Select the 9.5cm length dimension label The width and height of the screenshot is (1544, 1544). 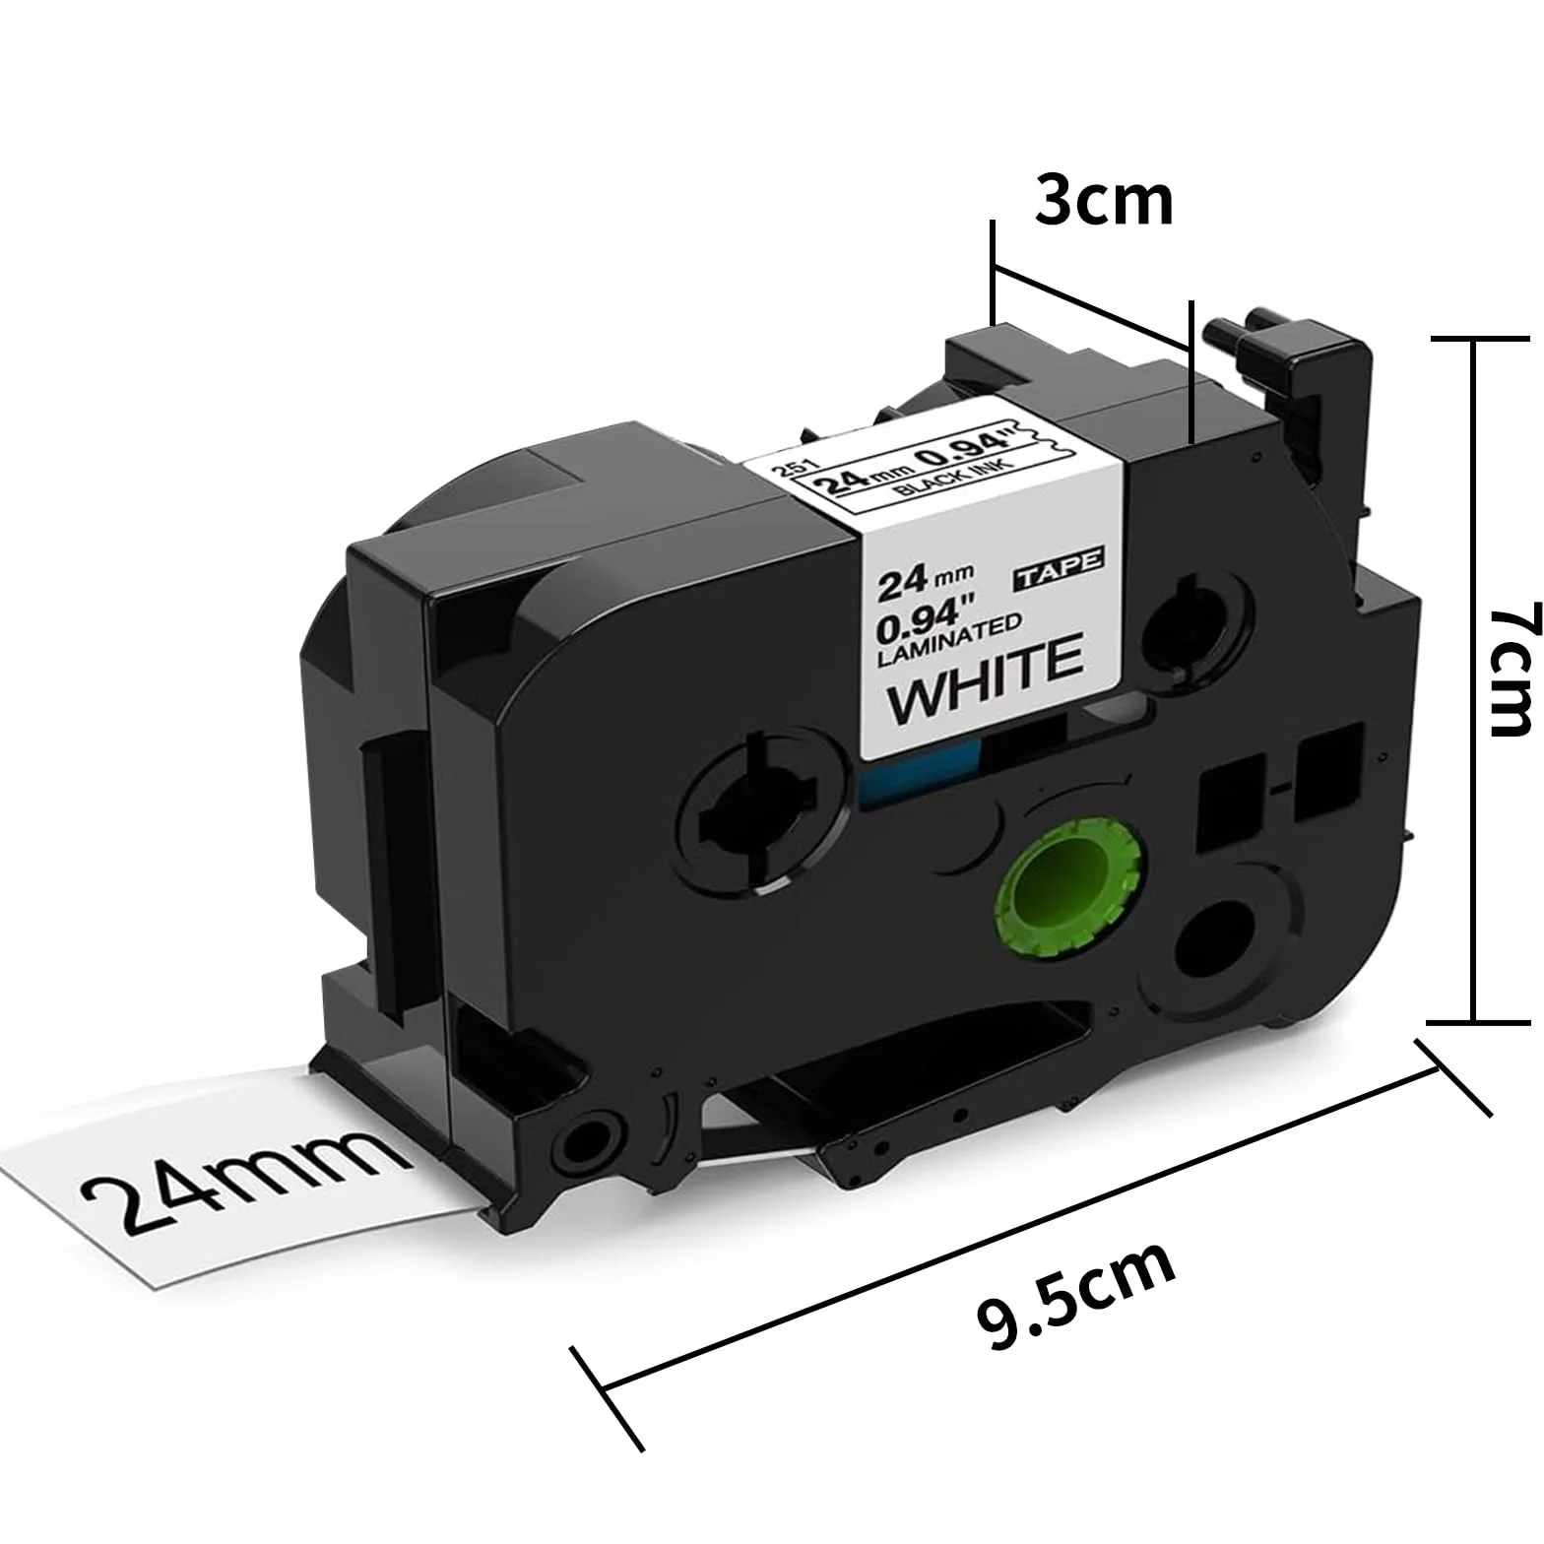(1076, 1296)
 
